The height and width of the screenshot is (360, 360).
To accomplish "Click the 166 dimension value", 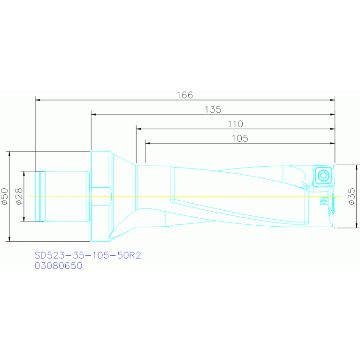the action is (185, 95).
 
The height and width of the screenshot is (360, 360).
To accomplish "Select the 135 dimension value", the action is (213, 109).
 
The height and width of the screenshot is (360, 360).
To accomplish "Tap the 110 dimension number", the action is (235, 124).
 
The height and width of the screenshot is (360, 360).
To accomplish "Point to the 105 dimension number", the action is (240, 138).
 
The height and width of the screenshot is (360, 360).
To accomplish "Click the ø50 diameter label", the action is (5, 196).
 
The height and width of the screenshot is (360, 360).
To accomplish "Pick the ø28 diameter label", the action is (19, 196).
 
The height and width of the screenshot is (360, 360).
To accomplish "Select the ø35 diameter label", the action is (352, 196).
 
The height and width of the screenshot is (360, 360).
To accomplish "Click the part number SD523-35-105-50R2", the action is (88, 255).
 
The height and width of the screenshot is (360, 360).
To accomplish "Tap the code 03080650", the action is (58, 266).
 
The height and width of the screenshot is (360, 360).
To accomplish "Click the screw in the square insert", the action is (323, 176).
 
